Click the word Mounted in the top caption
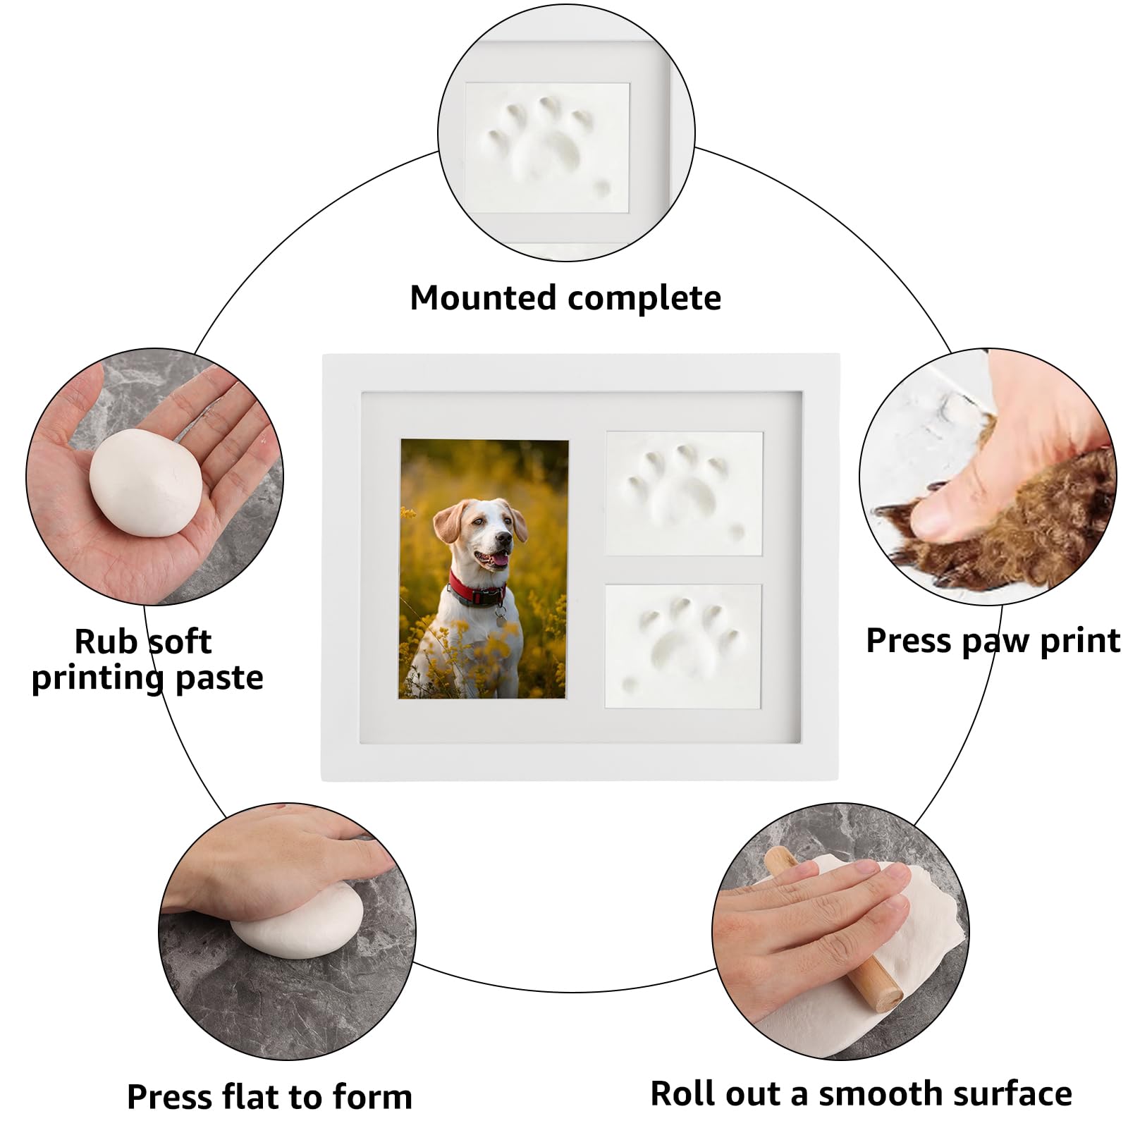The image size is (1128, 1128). coord(483,298)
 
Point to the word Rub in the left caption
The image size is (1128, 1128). coord(104,642)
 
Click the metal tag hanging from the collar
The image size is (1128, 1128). coord(500,620)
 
